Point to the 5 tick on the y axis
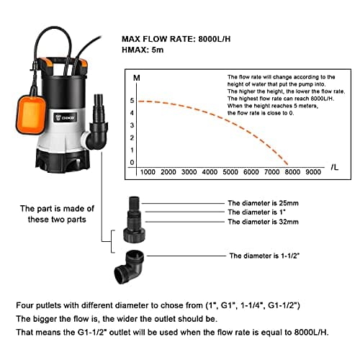click(131, 100)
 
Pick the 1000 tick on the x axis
click(148, 173)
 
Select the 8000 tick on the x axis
click(292, 173)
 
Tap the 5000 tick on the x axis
click(230, 173)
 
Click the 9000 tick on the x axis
click(313, 173)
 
